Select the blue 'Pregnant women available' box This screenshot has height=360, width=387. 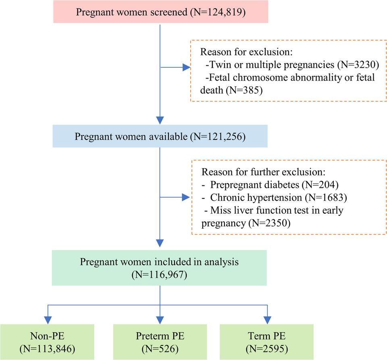pyautogui.click(x=160, y=136)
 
